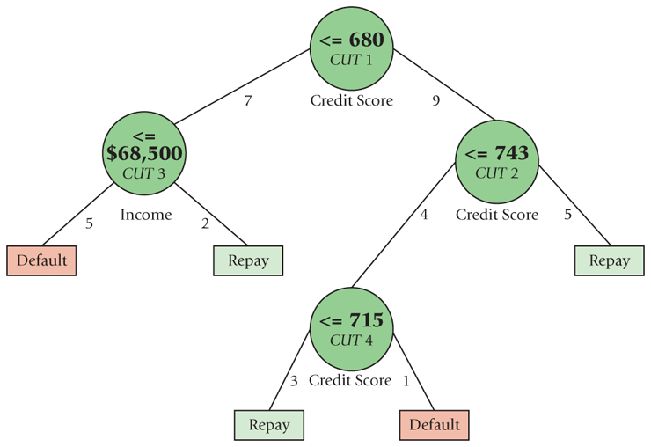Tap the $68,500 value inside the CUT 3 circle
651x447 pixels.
click(x=145, y=153)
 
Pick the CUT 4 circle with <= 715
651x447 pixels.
click(x=351, y=330)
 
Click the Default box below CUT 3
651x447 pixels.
click(x=40, y=260)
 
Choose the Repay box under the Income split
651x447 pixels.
click(x=247, y=260)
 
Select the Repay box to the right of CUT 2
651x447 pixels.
click(x=609, y=260)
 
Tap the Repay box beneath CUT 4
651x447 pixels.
click(x=268, y=425)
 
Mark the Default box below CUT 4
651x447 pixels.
click(x=434, y=425)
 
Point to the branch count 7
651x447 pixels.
click(x=247, y=101)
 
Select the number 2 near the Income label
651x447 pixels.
click(x=205, y=223)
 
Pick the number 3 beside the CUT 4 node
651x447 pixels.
click(x=294, y=381)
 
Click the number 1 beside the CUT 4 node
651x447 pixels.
click(x=406, y=381)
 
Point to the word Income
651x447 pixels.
click(x=146, y=215)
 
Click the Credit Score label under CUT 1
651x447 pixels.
click(x=351, y=101)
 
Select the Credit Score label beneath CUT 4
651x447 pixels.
click(x=349, y=381)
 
